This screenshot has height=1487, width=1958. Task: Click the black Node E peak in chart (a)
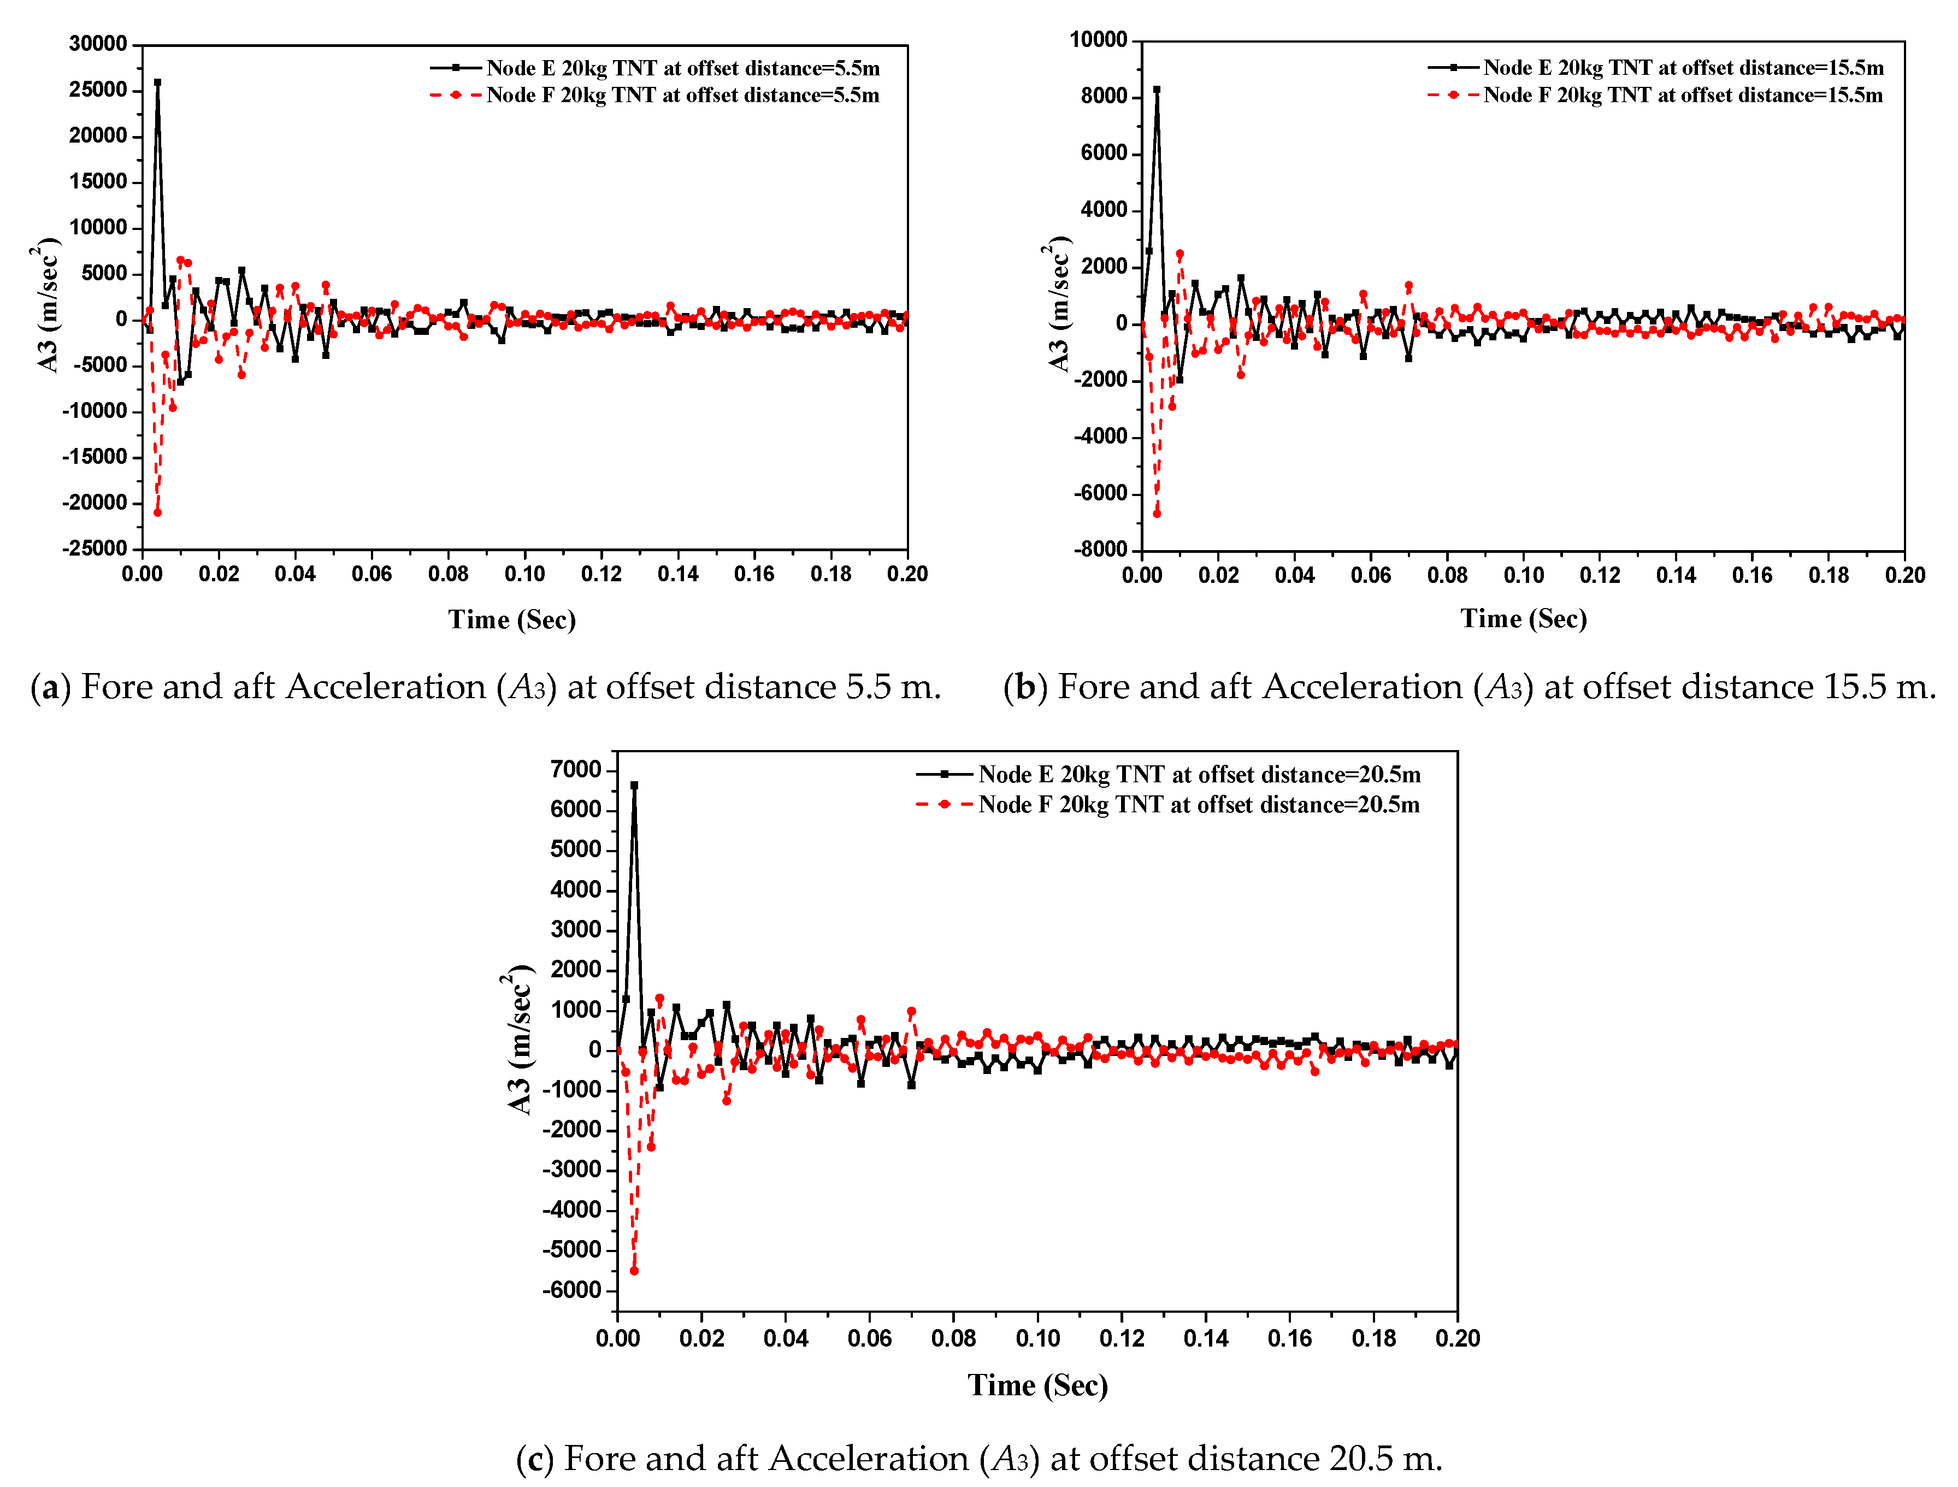(x=157, y=82)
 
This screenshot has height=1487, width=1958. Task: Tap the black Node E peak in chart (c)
(x=634, y=785)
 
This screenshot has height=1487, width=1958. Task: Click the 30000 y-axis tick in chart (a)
(x=98, y=44)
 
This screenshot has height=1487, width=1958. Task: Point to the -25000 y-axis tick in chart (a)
(x=95, y=549)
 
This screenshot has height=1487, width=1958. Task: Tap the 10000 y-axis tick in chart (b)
(x=1099, y=40)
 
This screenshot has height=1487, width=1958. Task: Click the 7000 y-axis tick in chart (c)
(x=575, y=769)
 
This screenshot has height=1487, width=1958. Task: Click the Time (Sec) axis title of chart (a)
(x=512, y=619)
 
